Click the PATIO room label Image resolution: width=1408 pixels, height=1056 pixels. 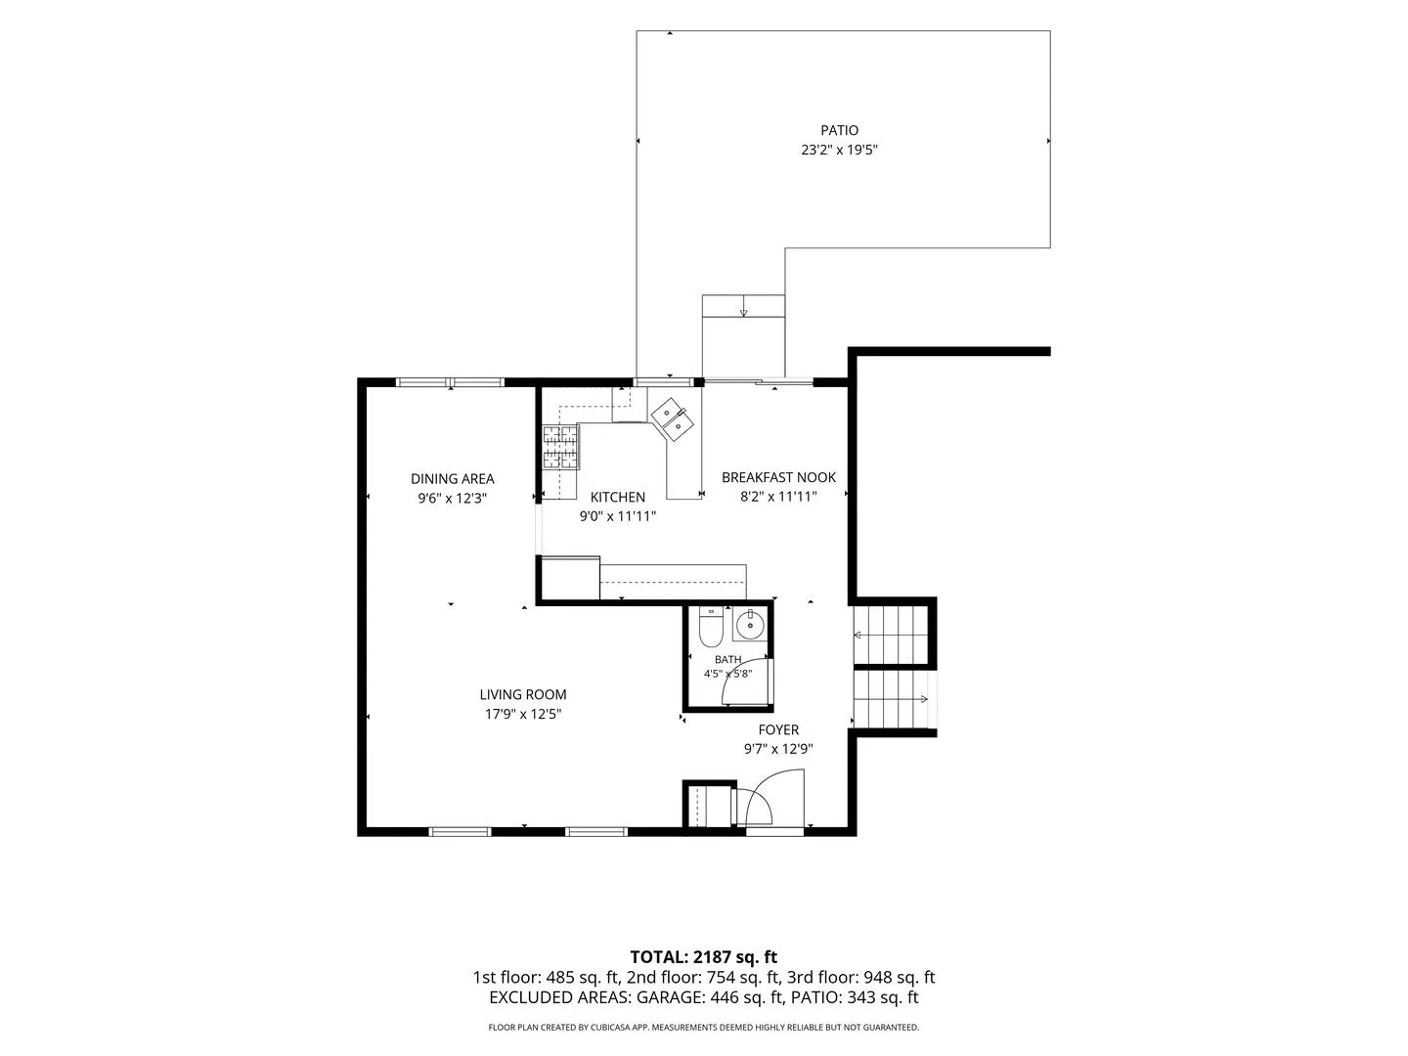[x=839, y=130]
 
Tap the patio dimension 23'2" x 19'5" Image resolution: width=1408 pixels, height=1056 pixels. [x=839, y=150]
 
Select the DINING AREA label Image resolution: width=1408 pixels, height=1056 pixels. [x=453, y=478]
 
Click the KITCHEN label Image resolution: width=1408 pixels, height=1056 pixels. [x=618, y=497]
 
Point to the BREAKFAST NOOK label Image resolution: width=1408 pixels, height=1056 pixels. [x=778, y=477]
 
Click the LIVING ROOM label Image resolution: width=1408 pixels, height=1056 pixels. [x=523, y=694]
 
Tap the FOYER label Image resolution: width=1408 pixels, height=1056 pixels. [x=778, y=729]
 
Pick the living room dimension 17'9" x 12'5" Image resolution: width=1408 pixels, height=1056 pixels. [x=523, y=714]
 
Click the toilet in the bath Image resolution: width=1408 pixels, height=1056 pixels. [x=711, y=627]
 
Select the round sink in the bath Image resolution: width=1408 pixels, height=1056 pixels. [x=750, y=624]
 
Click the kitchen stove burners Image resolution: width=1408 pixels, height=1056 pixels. [x=560, y=447]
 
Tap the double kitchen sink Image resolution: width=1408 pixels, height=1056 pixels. [x=672, y=418]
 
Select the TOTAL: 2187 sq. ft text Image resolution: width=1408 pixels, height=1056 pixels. [x=704, y=957]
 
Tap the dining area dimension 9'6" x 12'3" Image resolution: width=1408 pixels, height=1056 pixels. [x=453, y=499]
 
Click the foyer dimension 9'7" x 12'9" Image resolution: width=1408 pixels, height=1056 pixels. [x=778, y=749]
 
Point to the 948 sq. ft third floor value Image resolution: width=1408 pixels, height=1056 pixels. [x=900, y=978]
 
